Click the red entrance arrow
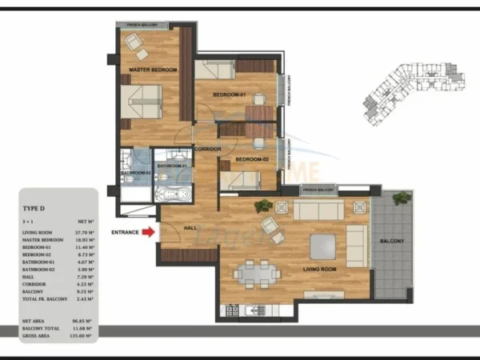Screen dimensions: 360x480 point(147,233)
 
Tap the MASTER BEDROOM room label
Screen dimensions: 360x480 point(153,70)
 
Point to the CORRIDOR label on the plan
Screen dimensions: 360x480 point(207,150)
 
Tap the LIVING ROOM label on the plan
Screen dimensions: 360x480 point(319,270)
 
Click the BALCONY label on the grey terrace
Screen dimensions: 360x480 point(393,241)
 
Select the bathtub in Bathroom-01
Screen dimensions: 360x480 point(172,194)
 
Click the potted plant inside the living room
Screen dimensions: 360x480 point(262,206)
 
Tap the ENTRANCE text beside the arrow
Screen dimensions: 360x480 point(125,233)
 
